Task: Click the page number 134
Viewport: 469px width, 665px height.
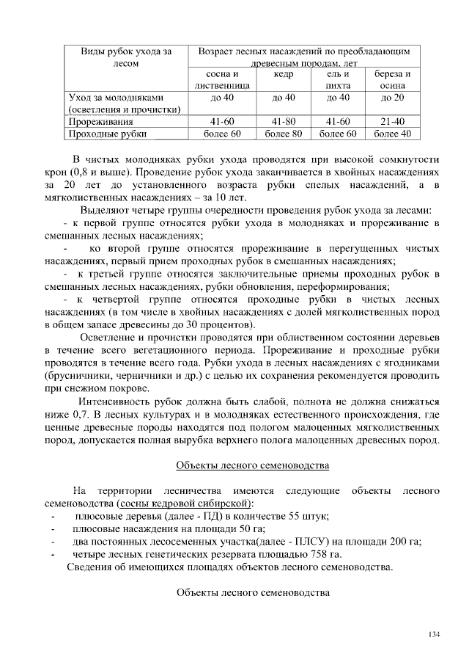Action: click(x=434, y=635)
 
